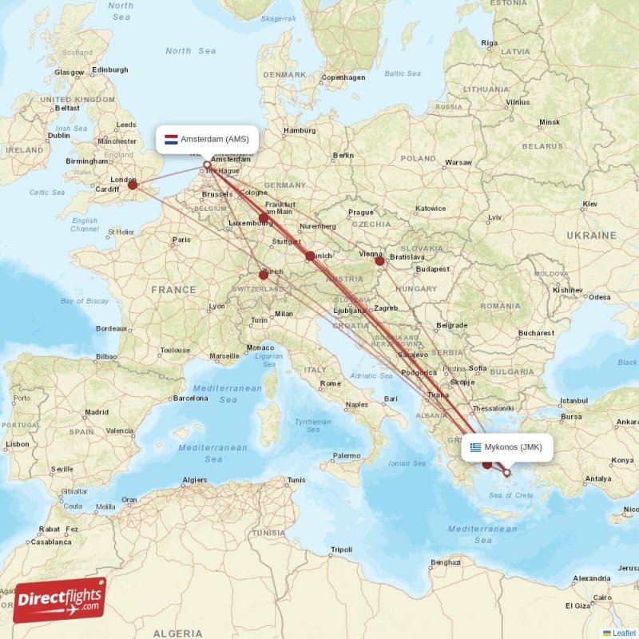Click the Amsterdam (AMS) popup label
207,139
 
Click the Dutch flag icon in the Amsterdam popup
171,139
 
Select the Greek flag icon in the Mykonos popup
476,447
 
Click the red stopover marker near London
133,185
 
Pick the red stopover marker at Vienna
380,260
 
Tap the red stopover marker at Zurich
264,274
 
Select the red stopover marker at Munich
310,256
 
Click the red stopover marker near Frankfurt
264,217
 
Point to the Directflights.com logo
60,599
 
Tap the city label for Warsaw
458,162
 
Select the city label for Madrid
97,412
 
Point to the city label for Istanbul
574,400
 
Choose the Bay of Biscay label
84,300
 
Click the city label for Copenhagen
343,77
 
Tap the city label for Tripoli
341,550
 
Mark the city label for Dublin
59,136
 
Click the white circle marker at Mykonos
506,473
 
